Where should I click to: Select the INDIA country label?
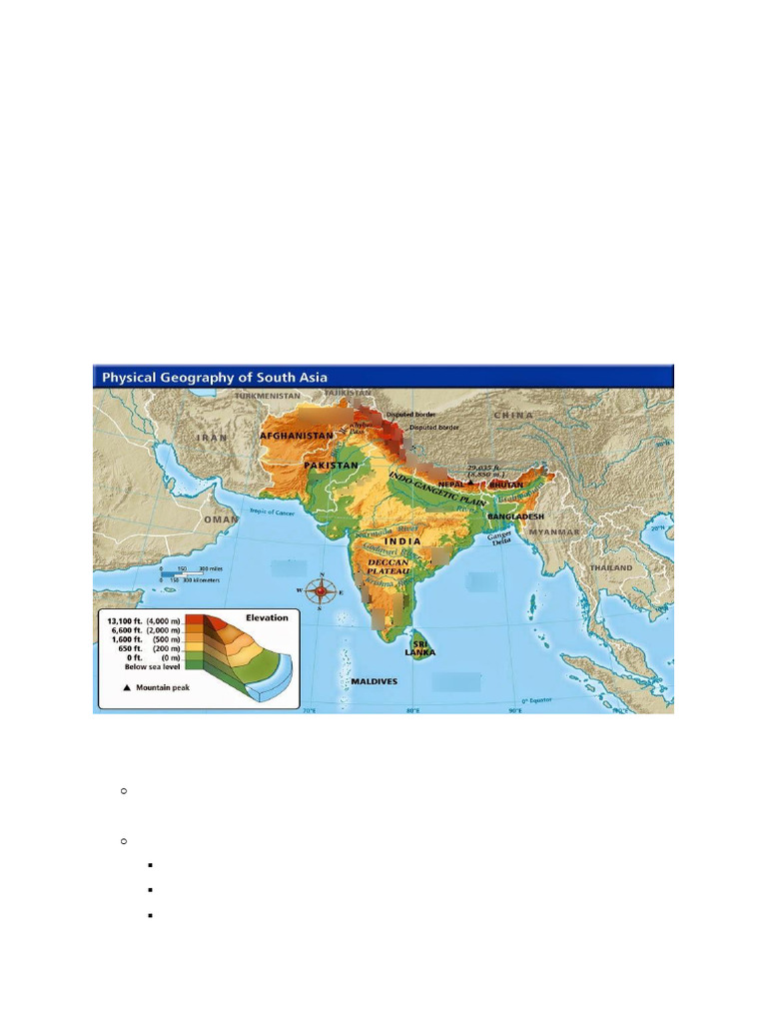pyautogui.click(x=402, y=540)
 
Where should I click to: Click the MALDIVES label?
pyautogui.click(x=375, y=681)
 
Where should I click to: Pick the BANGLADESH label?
pyautogui.click(x=515, y=515)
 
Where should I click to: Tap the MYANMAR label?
pyautogui.click(x=554, y=532)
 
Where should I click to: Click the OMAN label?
pyautogui.click(x=221, y=519)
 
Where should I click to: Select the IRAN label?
pyautogui.click(x=213, y=438)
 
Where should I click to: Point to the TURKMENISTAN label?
pyautogui.click(x=267, y=396)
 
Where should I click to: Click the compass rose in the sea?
pyautogui.click(x=321, y=591)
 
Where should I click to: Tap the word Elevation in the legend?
pyautogui.click(x=267, y=617)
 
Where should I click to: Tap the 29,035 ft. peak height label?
pyautogui.click(x=485, y=467)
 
